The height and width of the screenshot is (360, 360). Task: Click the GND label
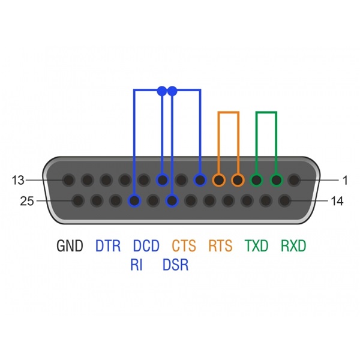click(70, 245)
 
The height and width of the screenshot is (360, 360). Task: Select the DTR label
click(107, 245)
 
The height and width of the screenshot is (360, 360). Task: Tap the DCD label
click(146, 245)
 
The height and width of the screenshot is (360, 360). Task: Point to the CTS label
click(184, 245)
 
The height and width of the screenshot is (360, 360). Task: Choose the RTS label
click(220, 245)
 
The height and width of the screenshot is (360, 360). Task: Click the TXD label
click(256, 245)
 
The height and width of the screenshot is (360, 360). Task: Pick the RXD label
click(293, 245)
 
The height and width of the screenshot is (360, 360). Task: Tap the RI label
click(136, 265)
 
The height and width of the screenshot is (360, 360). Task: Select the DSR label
click(175, 265)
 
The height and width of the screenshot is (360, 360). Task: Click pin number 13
click(18, 180)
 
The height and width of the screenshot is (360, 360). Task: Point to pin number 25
click(27, 201)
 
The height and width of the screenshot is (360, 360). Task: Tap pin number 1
click(345, 180)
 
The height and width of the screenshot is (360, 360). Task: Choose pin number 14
click(337, 201)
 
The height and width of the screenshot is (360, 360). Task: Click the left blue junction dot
click(162, 91)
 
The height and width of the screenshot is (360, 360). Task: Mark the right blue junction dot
click(172, 91)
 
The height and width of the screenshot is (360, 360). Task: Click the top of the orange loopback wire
click(229, 113)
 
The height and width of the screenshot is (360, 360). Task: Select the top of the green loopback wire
click(266, 113)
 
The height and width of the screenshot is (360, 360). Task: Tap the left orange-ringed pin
click(219, 180)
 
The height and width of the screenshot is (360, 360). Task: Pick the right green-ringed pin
click(277, 180)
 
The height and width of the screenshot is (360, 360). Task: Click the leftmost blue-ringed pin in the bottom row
click(134, 200)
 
